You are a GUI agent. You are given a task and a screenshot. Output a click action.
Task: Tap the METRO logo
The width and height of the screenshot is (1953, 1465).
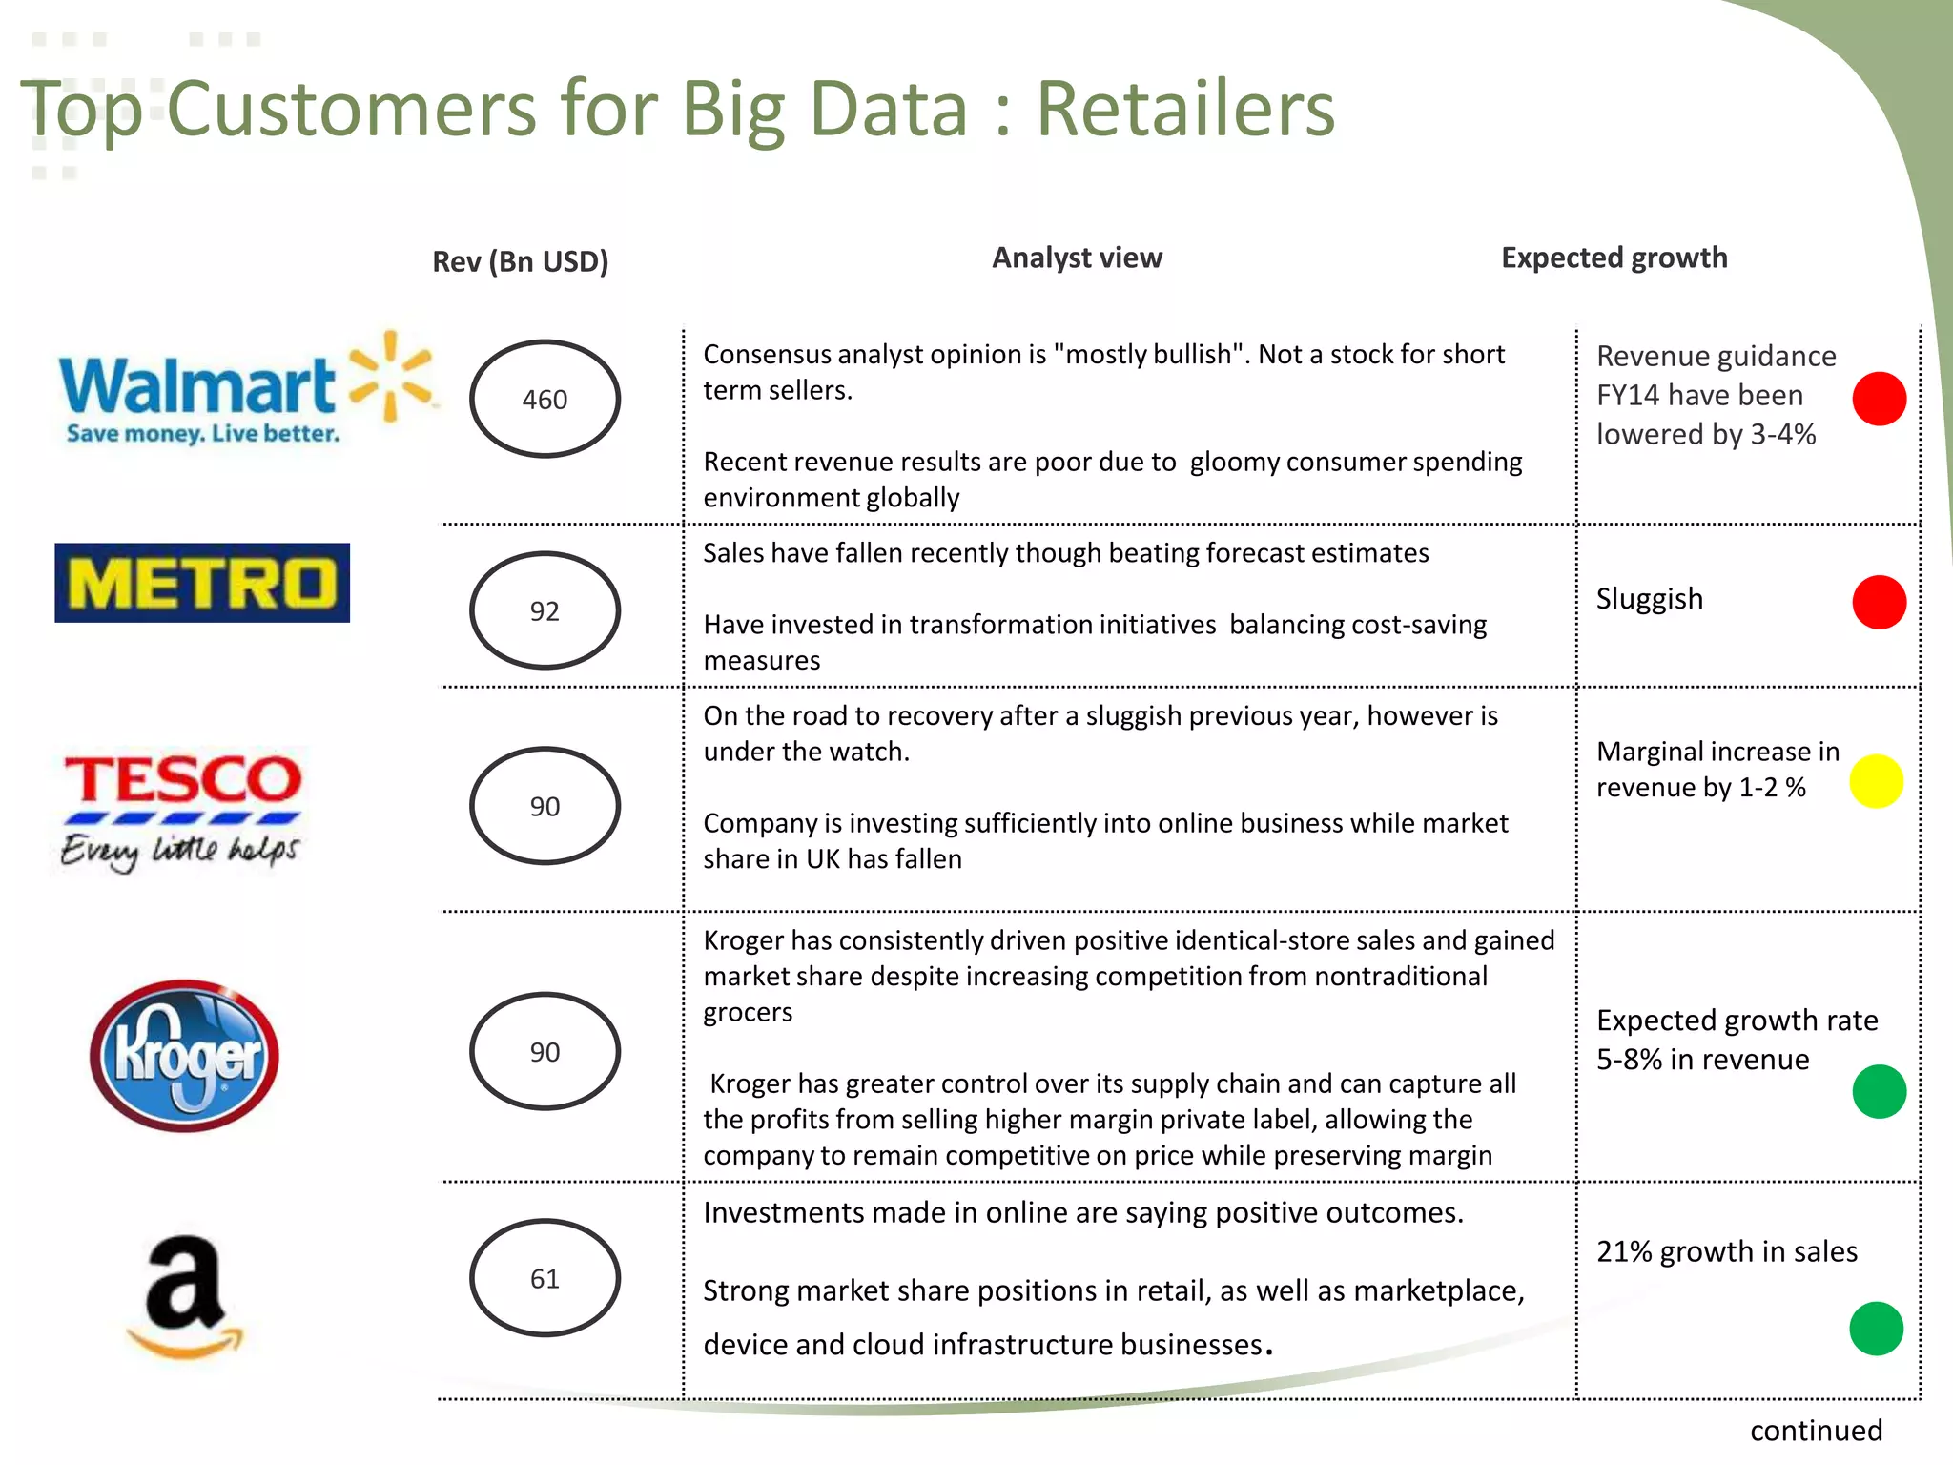click(202, 583)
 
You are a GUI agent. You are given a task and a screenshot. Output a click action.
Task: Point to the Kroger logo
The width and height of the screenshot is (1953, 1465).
click(184, 1055)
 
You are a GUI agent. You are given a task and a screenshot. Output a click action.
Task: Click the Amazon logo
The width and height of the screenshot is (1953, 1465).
click(185, 1295)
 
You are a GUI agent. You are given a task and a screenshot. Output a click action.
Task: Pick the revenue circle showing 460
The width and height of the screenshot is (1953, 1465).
click(545, 399)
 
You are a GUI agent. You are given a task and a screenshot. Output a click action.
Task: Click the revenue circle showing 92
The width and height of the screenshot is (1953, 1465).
click(545, 610)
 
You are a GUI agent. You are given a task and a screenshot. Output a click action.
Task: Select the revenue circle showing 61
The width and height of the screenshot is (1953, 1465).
click(545, 1278)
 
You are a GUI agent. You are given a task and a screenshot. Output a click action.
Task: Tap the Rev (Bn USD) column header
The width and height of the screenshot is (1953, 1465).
click(520, 261)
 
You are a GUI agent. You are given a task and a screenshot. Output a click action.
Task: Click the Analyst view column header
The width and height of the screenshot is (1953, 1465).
click(1077, 258)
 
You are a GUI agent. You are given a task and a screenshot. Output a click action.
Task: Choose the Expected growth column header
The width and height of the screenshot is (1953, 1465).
click(1614, 258)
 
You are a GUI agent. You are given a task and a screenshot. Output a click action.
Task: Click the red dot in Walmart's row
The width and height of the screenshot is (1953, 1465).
click(1879, 399)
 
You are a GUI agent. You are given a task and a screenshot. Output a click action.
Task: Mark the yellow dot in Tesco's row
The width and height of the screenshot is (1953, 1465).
click(1876, 781)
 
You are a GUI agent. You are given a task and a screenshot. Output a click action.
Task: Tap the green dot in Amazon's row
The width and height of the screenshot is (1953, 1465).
click(1876, 1329)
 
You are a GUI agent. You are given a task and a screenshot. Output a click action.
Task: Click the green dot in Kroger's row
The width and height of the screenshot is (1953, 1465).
click(1879, 1091)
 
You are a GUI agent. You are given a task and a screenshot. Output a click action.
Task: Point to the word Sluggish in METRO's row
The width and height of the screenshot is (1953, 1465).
click(1649, 599)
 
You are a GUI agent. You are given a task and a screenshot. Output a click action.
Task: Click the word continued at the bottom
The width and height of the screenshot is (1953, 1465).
click(1816, 1431)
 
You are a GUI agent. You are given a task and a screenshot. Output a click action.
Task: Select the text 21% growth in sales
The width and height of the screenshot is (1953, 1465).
click(1726, 1251)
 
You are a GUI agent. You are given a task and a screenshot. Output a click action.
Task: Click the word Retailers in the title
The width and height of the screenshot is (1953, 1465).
click(1184, 109)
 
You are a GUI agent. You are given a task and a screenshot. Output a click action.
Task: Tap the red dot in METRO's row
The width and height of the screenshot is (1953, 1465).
click(1879, 602)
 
